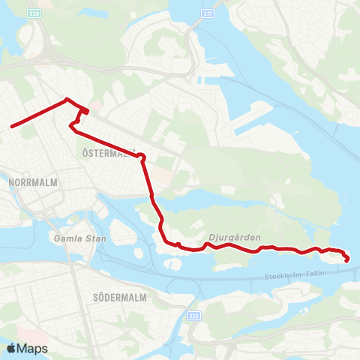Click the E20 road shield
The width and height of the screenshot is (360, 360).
point(34,13)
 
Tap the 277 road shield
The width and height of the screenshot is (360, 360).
point(208,13)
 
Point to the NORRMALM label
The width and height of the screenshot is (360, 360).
point(28,182)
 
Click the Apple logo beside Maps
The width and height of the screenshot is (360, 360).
point(12,348)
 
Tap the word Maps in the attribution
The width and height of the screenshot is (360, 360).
point(33,348)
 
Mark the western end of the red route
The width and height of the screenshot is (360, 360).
point(11,126)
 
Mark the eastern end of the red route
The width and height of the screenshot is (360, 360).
point(347,260)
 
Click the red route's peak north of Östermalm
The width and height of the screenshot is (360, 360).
point(67,99)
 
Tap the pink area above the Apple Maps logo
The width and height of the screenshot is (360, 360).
point(22,330)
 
